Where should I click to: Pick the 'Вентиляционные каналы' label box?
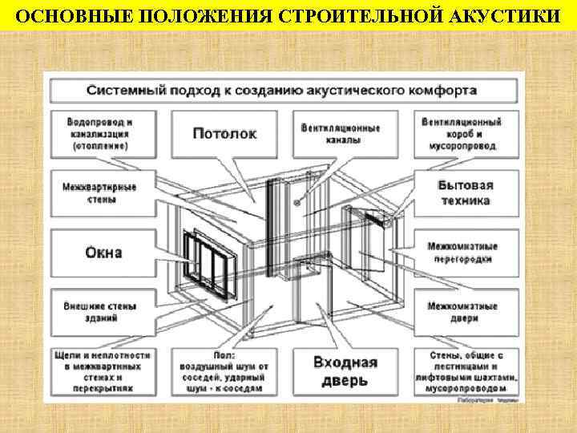[341, 134]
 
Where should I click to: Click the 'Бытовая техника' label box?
[466, 193]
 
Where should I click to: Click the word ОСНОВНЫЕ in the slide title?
[65, 17]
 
